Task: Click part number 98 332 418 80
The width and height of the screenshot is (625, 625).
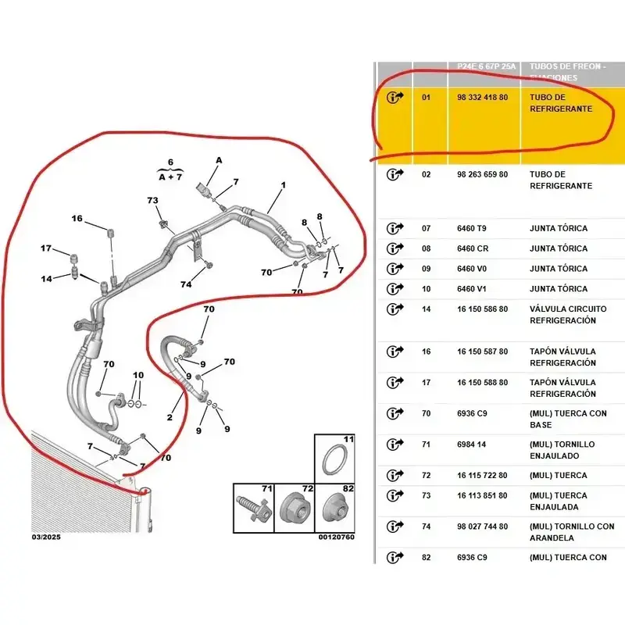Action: point(482,97)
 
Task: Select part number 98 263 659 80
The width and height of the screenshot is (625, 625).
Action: point(482,174)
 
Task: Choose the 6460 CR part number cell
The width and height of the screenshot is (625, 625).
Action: point(473,248)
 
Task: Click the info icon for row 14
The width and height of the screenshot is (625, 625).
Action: point(395,309)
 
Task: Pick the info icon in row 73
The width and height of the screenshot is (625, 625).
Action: point(395,495)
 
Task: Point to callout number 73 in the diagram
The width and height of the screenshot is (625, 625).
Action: point(152,200)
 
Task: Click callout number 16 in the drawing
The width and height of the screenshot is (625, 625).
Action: point(77,219)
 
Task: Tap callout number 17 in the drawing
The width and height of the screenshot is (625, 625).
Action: point(46,248)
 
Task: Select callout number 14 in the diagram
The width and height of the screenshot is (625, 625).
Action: point(46,279)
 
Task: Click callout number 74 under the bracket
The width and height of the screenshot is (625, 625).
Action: point(186,284)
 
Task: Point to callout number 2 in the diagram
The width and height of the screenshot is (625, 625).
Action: point(170,417)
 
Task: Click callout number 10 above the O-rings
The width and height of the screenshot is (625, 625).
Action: point(138,375)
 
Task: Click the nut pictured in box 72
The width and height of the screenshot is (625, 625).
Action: point(295,510)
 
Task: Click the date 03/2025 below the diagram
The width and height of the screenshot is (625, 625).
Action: point(46,537)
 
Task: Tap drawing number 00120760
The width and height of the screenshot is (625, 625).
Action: point(337,537)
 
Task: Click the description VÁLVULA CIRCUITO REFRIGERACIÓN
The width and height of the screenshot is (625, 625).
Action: point(568,315)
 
